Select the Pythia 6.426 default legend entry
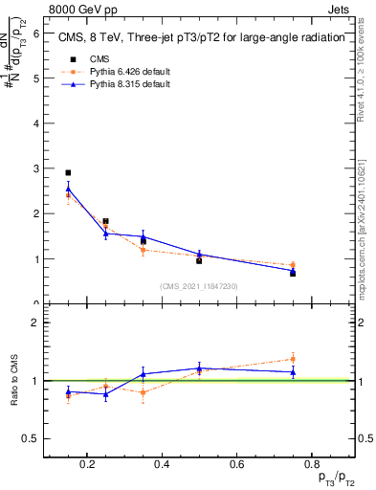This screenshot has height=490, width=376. (115, 72)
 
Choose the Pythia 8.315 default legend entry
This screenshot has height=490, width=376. (115, 84)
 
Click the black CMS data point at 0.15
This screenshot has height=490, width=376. (68, 173)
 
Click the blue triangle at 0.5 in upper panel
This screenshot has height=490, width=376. (199, 255)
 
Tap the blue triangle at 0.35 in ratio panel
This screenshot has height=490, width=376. (143, 374)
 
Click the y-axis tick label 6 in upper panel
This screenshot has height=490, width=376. (36, 33)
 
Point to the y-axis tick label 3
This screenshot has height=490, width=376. (36, 168)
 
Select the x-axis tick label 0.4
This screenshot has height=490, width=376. (162, 465)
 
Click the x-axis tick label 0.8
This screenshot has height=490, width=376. (312, 465)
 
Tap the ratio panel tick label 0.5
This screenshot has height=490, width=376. (33, 438)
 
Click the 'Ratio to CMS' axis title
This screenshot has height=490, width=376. (15, 380)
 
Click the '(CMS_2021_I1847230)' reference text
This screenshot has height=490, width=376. (199, 286)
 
